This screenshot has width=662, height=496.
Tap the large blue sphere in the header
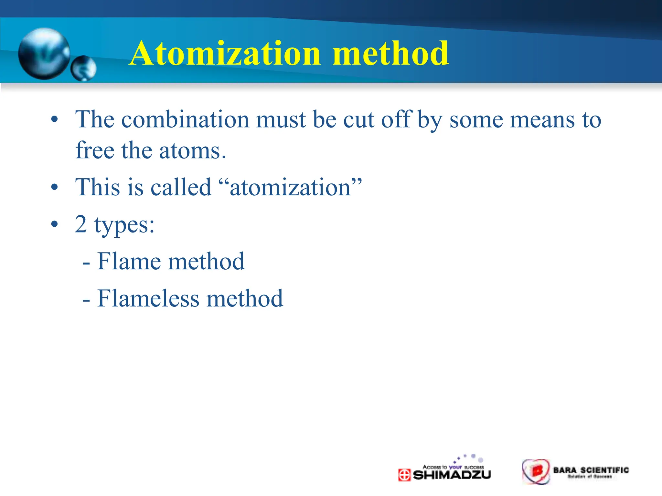(44, 54)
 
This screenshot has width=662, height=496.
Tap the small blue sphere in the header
(83, 68)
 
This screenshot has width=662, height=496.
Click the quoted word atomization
(290, 188)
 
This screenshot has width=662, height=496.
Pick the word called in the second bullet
(181, 188)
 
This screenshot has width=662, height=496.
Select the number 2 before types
(81, 224)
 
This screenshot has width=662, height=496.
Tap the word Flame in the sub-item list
(129, 261)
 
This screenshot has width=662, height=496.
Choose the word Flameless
(148, 298)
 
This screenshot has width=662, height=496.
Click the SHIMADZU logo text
(452, 475)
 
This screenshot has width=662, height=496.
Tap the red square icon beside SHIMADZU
(404, 475)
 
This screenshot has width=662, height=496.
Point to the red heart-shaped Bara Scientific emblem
(536, 471)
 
